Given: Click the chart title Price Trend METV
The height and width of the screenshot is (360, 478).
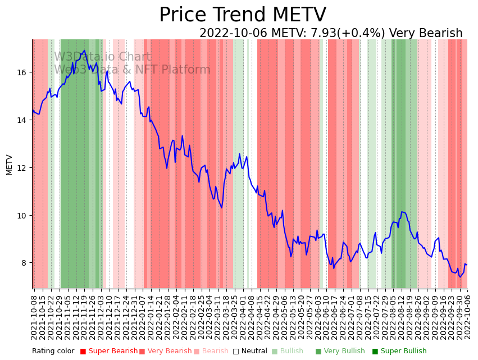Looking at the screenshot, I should pyautogui.click(x=242, y=15).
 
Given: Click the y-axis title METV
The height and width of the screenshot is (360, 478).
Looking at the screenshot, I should pyautogui.click(x=9, y=165).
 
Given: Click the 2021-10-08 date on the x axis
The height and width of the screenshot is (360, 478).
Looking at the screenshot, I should pyautogui.click(x=34, y=317).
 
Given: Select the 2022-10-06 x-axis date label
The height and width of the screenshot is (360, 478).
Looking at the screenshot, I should pyautogui.click(x=467, y=317).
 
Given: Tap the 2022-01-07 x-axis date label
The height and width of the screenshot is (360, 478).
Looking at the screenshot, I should pyautogui.click(x=142, y=317).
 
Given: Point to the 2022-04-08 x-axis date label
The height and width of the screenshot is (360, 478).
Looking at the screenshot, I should pyautogui.click(x=251, y=317).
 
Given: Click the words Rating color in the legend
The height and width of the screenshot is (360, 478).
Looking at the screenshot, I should pyautogui.click(x=53, y=352).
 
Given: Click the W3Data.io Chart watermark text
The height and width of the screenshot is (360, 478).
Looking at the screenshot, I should pyautogui.click(x=102, y=57).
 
